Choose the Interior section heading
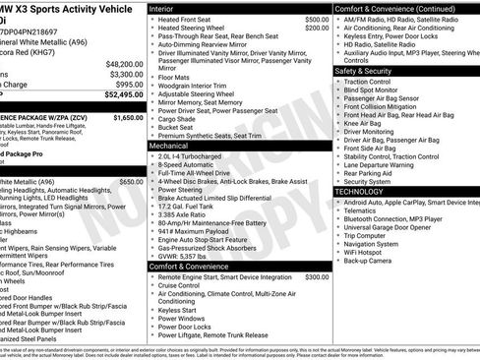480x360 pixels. click(x=162, y=7)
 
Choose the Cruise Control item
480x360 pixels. click(x=186, y=286)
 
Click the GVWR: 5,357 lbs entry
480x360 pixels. click(x=188, y=254)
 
